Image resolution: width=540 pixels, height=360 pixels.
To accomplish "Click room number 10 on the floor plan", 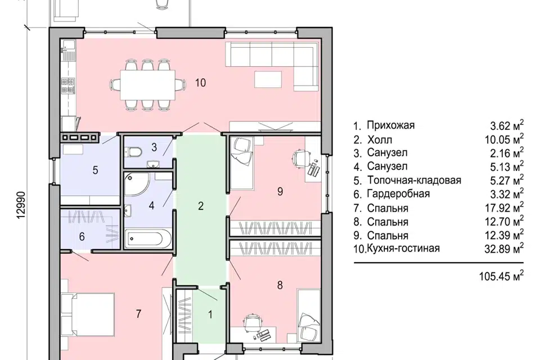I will (x=201, y=83).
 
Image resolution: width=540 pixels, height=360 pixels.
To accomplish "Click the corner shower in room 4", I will (x=135, y=185).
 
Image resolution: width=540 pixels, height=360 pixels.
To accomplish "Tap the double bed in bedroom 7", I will (x=90, y=315).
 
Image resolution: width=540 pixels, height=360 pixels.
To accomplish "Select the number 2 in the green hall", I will (x=200, y=205).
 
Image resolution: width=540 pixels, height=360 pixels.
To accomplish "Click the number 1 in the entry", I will (x=210, y=315).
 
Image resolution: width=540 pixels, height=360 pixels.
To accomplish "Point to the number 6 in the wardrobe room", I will (x=82, y=237).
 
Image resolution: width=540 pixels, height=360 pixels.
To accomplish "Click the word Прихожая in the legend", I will (x=390, y=125).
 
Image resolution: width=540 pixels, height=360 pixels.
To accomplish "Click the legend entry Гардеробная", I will (x=398, y=194).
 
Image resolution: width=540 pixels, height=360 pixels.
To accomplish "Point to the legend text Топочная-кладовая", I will (x=414, y=181).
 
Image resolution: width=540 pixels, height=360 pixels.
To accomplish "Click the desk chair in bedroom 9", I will (x=299, y=156).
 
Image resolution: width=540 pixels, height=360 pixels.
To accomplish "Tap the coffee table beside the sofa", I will (x=272, y=79).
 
